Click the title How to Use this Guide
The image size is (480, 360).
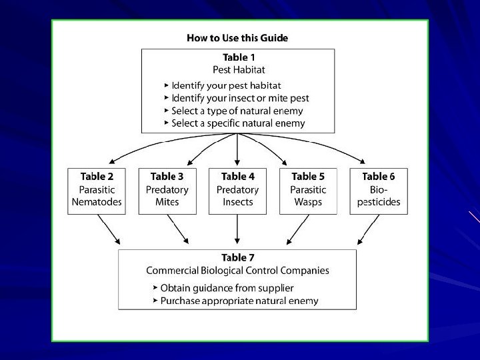pos(237,38)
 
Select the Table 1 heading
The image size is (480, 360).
pos(237,58)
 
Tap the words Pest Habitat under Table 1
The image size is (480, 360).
pos(237,70)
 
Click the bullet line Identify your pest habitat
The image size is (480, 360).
pos(227,85)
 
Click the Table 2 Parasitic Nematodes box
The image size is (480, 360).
pos(97,191)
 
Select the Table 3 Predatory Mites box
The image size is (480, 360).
pos(167,191)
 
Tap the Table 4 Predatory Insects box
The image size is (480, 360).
pos(238,191)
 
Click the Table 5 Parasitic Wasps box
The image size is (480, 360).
pos(308,191)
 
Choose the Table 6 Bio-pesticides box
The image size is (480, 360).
pos(378,191)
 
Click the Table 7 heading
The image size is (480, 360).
pos(237,257)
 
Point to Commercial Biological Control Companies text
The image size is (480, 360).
pos(237,270)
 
